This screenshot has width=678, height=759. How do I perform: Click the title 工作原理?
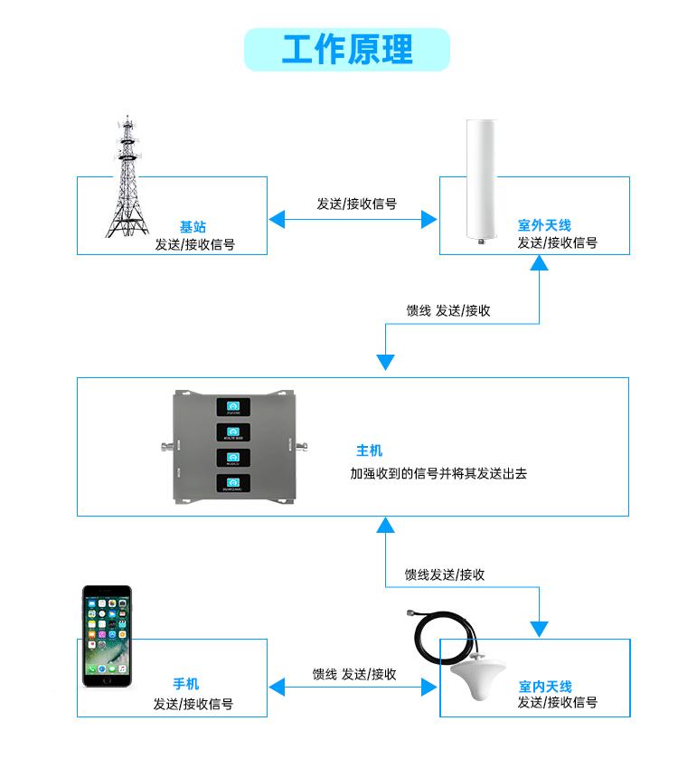pos(347,50)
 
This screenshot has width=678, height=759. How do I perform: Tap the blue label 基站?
pos(193,226)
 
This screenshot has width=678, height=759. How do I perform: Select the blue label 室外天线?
pos(544,225)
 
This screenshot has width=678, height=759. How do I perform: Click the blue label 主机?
pos(369,451)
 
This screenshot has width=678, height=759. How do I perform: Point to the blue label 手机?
pos(186,685)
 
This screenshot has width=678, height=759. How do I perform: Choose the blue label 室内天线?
pos(545,687)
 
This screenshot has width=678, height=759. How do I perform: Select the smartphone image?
pos(107,638)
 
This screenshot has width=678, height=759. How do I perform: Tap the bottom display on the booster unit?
pos(234,484)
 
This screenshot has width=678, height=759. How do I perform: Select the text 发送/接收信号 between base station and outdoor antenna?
pos(356,204)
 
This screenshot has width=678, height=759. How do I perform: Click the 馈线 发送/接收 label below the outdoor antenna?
pos(448,310)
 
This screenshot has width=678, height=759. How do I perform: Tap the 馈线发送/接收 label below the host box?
pos(445,574)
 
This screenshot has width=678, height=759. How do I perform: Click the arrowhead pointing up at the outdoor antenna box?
pos(540,262)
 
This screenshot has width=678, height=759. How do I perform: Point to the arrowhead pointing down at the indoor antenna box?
pos(540,629)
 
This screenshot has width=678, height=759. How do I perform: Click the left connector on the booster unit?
pos(164,445)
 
